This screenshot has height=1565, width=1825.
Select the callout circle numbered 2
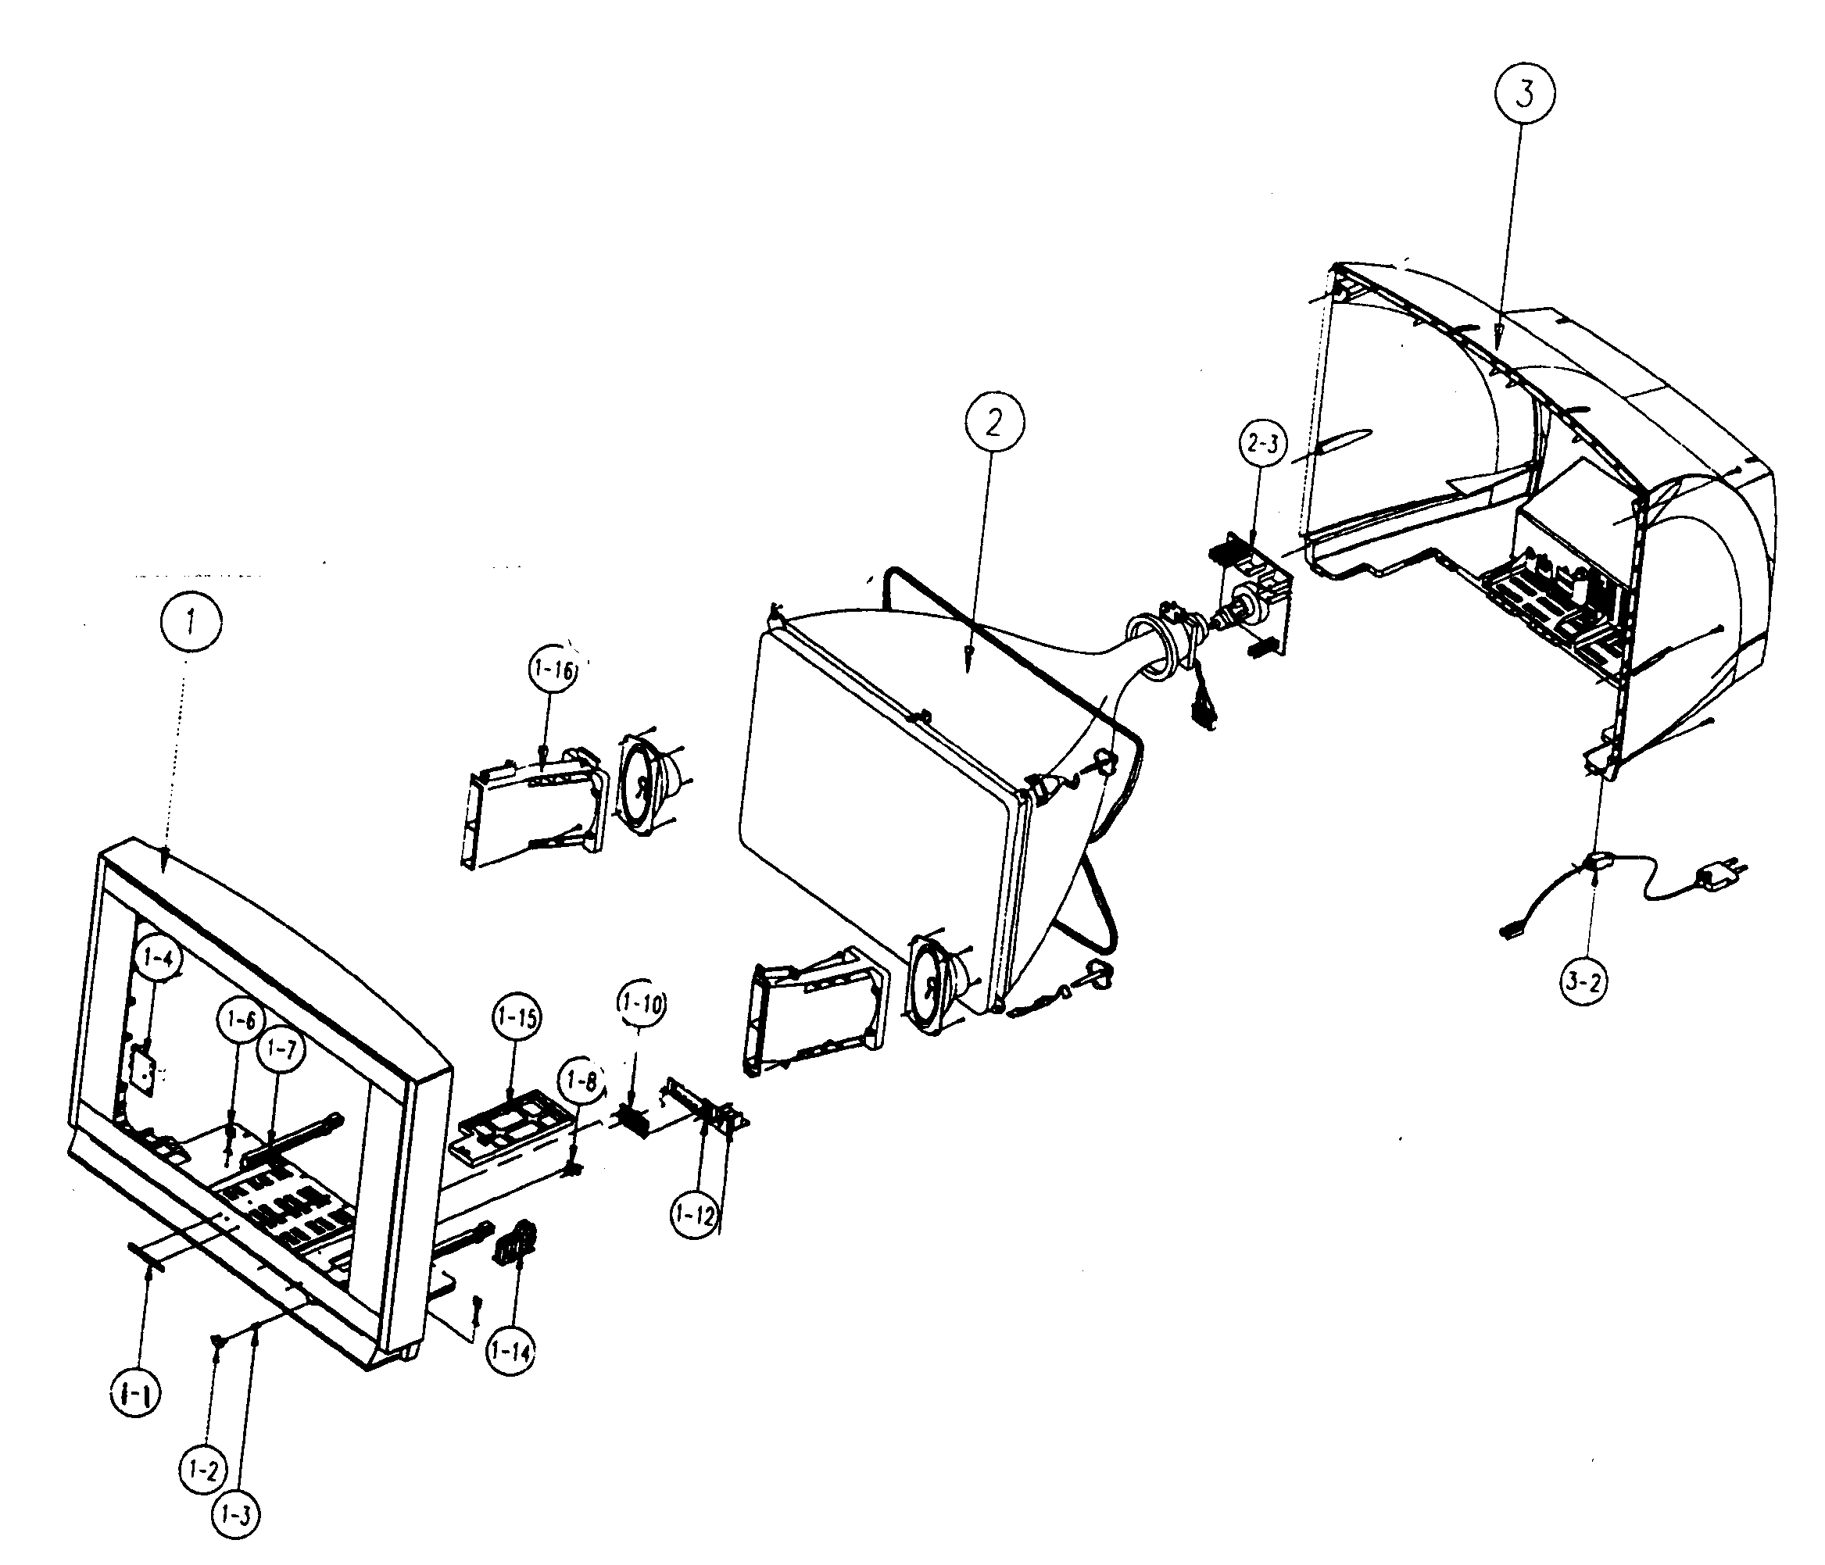[993, 425]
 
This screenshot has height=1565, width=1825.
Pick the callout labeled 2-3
[1262, 444]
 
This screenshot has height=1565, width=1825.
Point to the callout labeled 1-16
[553, 671]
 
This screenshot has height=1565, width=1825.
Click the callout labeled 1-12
[696, 1216]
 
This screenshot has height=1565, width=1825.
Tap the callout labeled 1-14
[514, 1351]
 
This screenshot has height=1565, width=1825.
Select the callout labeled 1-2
[204, 1470]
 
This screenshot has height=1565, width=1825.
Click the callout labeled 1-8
[581, 1081]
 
